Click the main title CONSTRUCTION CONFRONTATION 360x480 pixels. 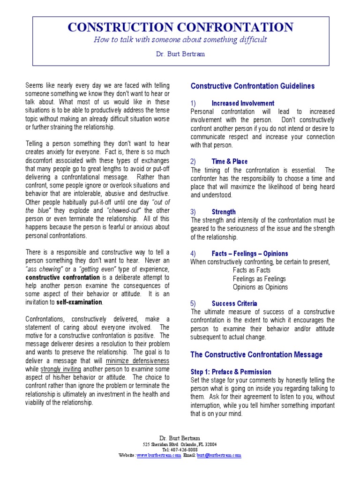point(180,27)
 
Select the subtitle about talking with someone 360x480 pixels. point(180,40)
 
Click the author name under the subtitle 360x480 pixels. point(180,54)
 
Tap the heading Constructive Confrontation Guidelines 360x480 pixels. point(253,86)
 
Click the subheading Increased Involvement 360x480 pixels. point(243,103)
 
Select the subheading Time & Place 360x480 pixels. point(230,161)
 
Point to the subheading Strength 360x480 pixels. point(224,212)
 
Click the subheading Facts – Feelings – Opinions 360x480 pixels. point(250,254)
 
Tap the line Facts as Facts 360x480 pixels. point(252,270)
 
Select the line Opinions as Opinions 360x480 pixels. point(260,287)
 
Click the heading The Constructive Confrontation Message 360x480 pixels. point(256,354)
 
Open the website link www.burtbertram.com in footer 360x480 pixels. point(159,455)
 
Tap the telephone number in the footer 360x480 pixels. point(180,450)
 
